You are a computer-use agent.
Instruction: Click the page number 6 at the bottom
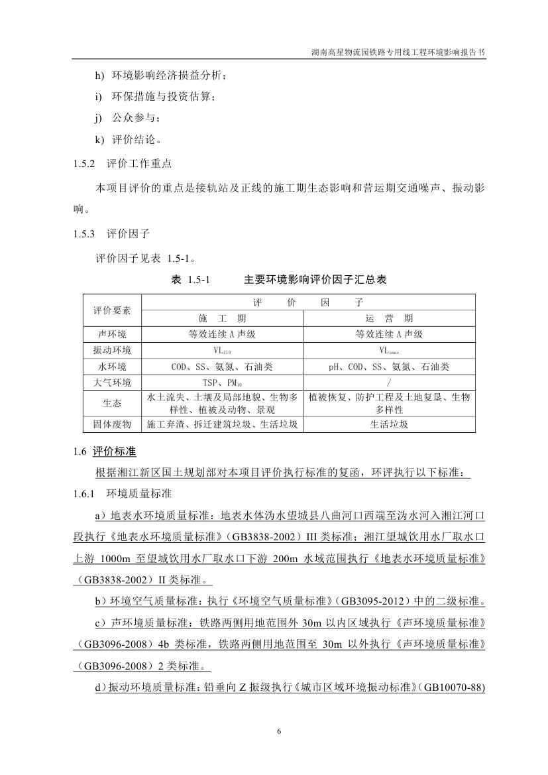[279, 731]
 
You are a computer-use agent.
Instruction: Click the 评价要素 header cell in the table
[112, 310]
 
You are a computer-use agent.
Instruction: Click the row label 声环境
[112, 334]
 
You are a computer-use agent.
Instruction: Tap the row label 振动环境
[112, 350]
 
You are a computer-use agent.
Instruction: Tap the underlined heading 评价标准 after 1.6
[114, 452]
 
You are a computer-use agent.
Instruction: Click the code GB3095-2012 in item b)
[372, 603]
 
